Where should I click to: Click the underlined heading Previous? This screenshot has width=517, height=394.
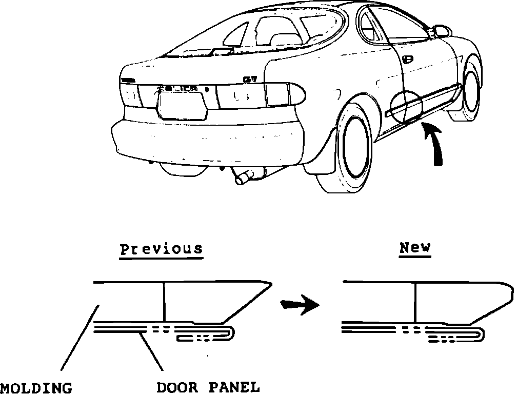[161, 250]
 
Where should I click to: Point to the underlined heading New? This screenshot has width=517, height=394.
[415, 248]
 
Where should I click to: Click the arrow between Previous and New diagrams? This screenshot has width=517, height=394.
[300, 305]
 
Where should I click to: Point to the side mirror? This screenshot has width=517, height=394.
[440, 31]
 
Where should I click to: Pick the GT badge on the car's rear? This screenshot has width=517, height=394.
[250, 78]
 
